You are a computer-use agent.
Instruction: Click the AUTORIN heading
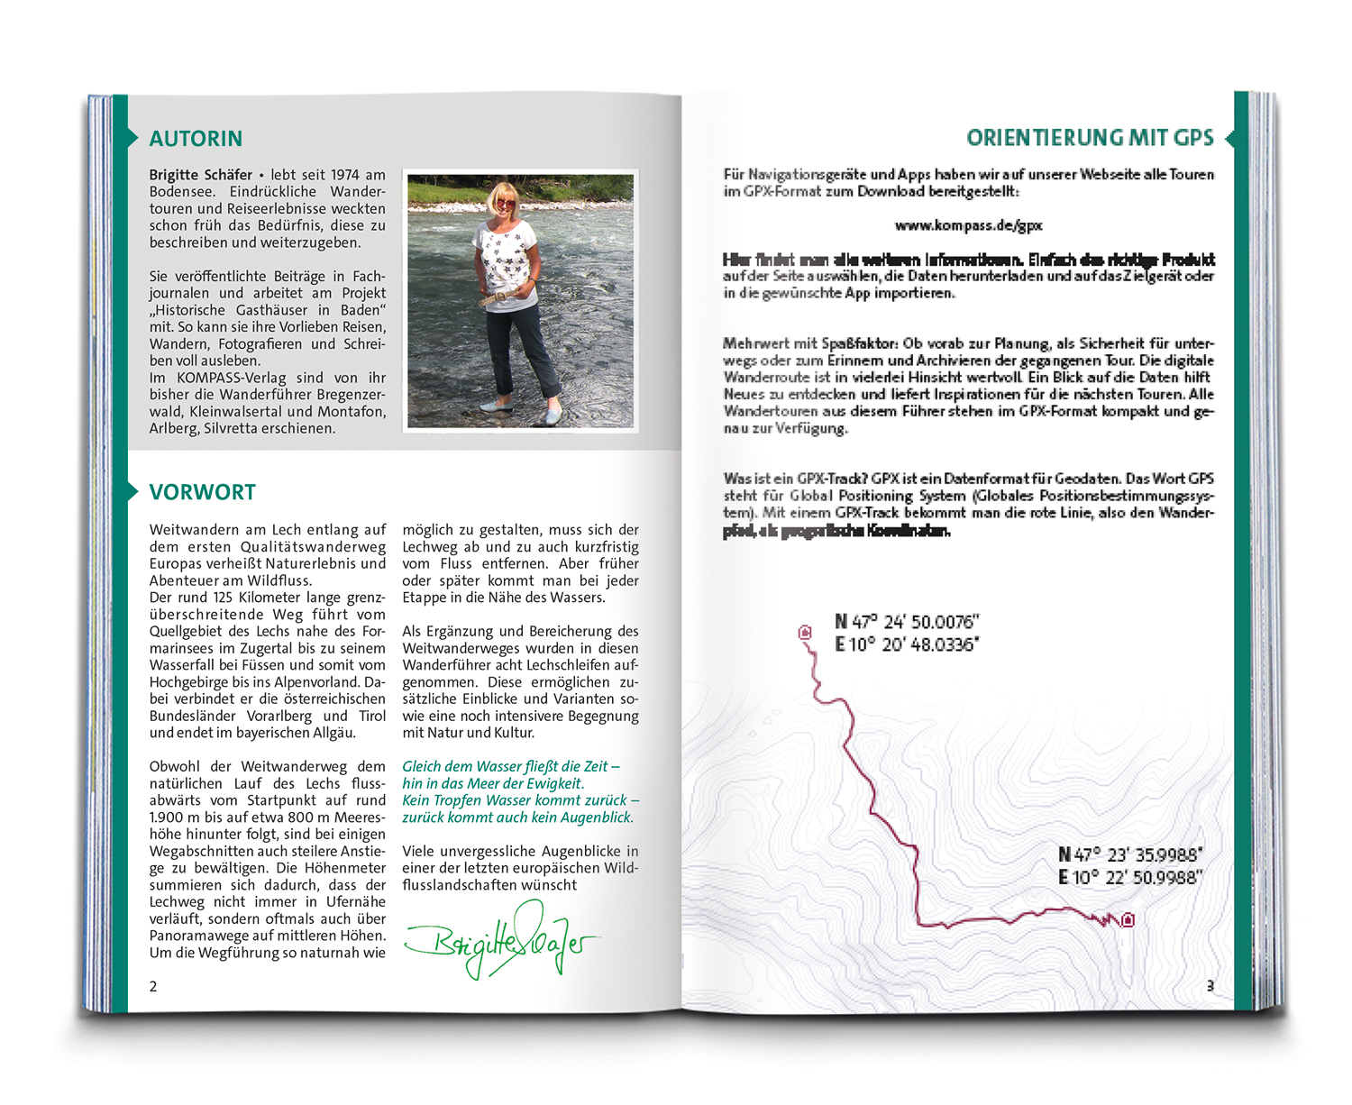[x=196, y=139]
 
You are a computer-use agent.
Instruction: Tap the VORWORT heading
[x=202, y=492]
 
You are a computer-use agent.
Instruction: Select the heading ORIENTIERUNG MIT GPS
[x=1090, y=138]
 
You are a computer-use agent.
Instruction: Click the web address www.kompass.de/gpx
[x=968, y=225]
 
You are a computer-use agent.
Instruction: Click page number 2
[x=153, y=986]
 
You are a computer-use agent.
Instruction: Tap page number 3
[x=1210, y=986]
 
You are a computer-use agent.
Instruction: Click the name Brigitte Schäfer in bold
[x=201, y=175]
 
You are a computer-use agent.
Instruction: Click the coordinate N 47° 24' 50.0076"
[x=907, y=622]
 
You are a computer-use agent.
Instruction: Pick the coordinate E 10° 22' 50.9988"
[x=1130, y=877]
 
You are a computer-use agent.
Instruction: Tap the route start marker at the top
[x=805, y=633]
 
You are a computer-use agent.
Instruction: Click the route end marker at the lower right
[x=1127, y=919]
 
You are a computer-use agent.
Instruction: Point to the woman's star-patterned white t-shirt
[x=507, y=266]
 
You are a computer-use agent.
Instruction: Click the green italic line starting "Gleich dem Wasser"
[x=510, y=766]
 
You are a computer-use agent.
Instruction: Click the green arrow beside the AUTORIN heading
[x=132, y=138]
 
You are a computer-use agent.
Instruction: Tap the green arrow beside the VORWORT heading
[x=132, y=491]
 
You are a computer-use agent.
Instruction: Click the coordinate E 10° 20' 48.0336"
[x=907, y=644]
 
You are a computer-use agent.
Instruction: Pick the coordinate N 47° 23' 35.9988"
[x=1130, y=854]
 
